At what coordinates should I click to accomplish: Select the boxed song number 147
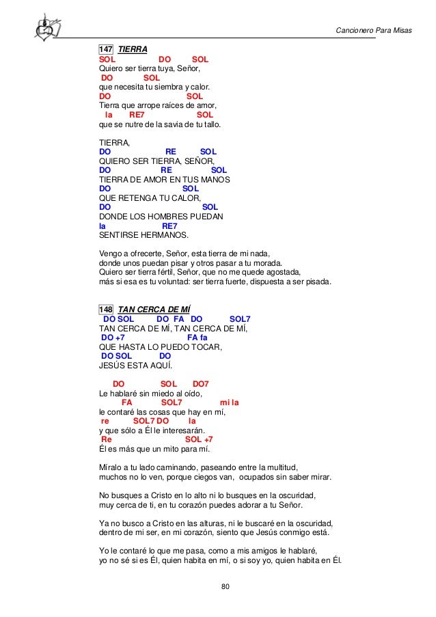pos(106,50)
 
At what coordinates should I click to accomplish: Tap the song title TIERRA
pos(133,50)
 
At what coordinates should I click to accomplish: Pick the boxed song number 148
pos(106,309)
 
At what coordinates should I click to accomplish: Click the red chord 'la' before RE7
pos(109,116)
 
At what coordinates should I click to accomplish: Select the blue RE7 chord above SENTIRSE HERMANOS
pos(169,227)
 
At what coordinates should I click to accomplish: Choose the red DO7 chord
pos(205,384)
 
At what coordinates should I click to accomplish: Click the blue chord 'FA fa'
pos(197,338)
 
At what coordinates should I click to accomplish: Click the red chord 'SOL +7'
pos(199,440)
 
